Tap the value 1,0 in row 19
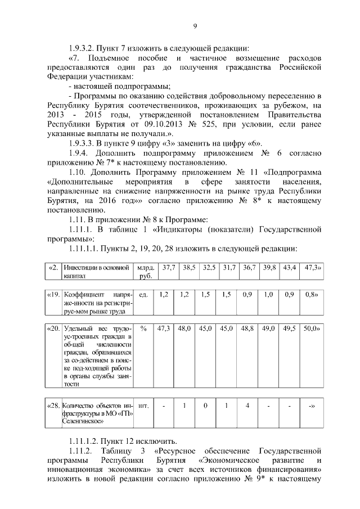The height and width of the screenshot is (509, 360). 269,294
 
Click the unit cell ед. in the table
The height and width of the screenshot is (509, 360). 143,294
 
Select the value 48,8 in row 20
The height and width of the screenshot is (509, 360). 247,328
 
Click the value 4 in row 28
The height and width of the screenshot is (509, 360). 247,404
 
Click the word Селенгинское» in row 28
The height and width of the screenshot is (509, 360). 83,421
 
